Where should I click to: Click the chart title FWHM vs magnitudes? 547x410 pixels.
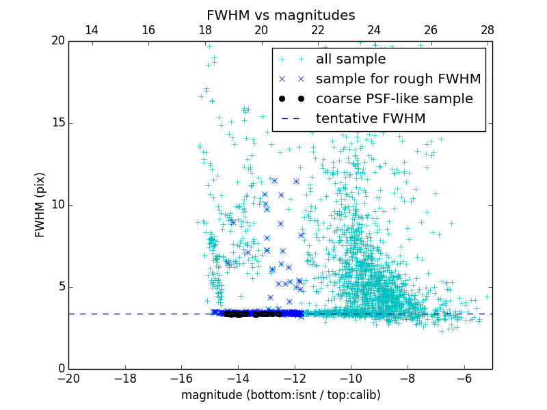tap(280, 15)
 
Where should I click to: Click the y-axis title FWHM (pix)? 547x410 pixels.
tap(40, 205)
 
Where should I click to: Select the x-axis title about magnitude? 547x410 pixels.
tap(280, 395)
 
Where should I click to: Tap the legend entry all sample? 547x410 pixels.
tap(350, 59)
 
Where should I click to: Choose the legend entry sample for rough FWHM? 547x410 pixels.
tap(398, 79)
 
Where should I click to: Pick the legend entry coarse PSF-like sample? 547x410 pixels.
tap(394, 99)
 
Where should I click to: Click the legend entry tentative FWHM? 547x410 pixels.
tap(371, 119)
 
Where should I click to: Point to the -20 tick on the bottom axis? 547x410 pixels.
tap(68, 378)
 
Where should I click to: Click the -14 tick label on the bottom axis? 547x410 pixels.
tap(238, 378)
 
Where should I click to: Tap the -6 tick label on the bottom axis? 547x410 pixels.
tap(464, 378)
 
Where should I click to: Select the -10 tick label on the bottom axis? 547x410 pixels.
tap(351, 378)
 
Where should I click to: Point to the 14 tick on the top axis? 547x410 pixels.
tap(92, 31)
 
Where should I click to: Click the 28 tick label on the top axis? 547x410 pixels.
tap(488, 31)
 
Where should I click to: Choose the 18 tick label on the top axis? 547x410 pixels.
tap(204, 31)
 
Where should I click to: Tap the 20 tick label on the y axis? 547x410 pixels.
tap(57, 41)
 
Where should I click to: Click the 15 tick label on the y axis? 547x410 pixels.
tap(57, 123)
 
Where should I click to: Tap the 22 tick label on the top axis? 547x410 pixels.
tap(318, 31)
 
